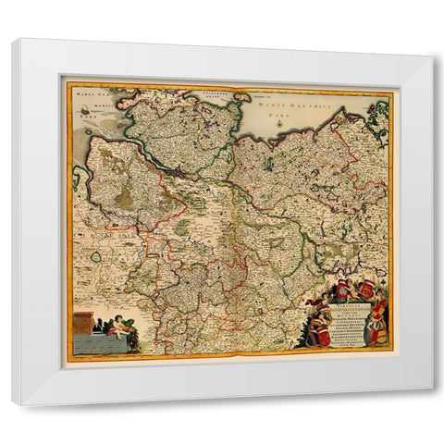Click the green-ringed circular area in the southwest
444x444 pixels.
(95, 256)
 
